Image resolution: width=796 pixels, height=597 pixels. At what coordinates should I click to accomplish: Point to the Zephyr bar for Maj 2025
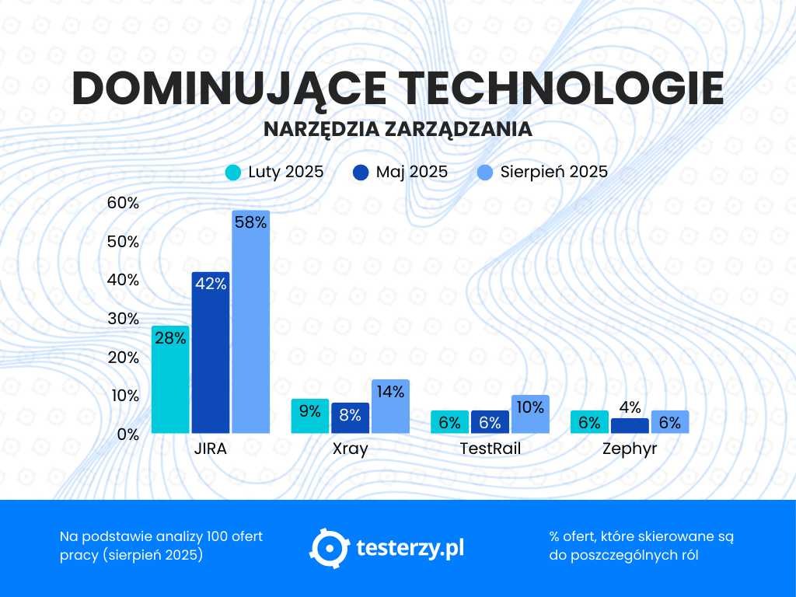pyautogui.click(x=630, y=426)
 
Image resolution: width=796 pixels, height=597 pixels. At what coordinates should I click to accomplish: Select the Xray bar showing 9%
pyautogui.click(x=310, y=416)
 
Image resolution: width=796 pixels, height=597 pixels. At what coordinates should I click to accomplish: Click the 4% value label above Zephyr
pyautogui.click(x=630, y=407)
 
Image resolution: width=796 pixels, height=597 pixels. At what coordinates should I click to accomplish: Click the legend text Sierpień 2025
pyautogui.click(x=553, y=172)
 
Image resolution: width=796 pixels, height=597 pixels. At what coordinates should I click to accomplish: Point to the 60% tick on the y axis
pyautogui.click(x=123, y=203)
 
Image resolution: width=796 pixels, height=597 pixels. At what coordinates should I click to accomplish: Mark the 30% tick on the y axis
pyautogui.click(x=123, y=319)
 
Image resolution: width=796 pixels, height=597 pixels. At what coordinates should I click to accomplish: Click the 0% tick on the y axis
pyautogui.click(x=127, y=435)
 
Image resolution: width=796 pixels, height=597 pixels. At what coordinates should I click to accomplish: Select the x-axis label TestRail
pyautogui.click(x=490, y=449)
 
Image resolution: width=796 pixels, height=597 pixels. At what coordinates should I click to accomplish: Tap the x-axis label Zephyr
pyautogui.click(x=630, y=449)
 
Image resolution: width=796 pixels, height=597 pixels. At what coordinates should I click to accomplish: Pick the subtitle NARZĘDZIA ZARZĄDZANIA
pyautogui.click(x=398, y=129)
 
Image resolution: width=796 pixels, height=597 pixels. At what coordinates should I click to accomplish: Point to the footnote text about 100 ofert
pyautogui.click(x=161, y=546)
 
